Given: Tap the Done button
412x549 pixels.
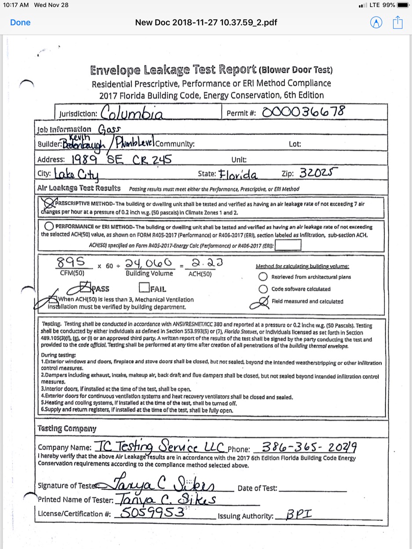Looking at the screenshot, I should coord(20,22).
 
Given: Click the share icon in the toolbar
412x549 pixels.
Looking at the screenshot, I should coord(397,22).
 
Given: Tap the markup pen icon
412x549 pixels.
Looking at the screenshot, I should coord(376,22).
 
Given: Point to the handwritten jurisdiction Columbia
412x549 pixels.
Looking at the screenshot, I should coord(132,113).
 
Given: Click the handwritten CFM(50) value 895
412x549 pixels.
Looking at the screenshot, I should coord(73,262).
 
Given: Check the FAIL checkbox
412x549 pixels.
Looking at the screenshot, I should coord(143,288).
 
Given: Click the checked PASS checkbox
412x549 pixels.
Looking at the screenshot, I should coord(84,288).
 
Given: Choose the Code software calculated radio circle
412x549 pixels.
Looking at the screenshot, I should coord(263,289).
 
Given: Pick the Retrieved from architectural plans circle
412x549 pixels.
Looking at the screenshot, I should coord(263,277).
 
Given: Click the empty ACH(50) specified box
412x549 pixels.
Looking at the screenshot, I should coord(288,245).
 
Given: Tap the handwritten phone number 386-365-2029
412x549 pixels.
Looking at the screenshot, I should coord(308,447).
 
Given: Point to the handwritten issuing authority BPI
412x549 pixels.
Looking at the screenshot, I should coord(298,514).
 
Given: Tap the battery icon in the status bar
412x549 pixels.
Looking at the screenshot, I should coord(403,5).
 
